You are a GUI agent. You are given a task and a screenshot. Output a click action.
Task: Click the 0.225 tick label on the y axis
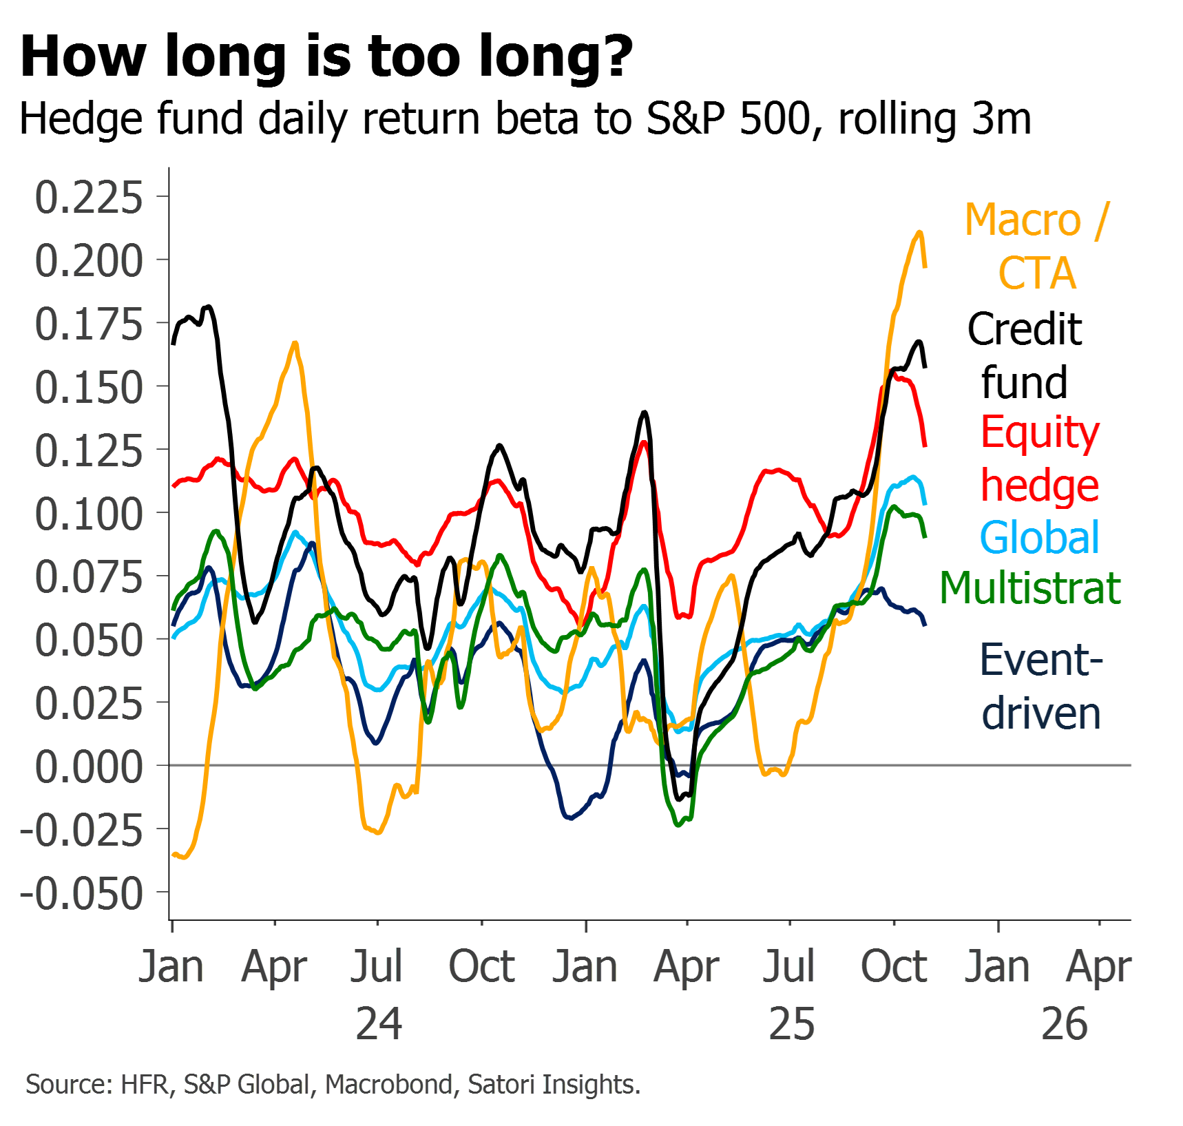coord(89,198)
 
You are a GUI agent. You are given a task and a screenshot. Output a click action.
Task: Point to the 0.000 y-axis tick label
coord(89,767)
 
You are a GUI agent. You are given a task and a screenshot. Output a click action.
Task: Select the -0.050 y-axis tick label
coord(82,894)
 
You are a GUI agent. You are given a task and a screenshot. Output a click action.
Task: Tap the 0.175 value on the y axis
coord(89,324)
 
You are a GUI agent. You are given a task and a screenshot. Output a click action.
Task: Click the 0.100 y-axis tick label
coord(89,514)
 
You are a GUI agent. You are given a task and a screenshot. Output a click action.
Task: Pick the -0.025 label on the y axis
coord(82,831)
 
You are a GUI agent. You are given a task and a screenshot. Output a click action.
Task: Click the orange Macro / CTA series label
coord(1037,247)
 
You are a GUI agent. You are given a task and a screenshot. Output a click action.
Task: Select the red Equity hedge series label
coord(1040,459)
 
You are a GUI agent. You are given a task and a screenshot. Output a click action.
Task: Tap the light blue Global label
coord(1039,538)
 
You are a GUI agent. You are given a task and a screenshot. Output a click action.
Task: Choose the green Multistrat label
coord(1030,589)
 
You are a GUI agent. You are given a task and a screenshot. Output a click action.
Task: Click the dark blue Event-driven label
coord(1041,687)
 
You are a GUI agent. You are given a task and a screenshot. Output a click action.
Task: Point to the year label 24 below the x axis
coord(379,1024)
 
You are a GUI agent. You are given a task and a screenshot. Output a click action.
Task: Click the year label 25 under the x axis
coord(792,1024)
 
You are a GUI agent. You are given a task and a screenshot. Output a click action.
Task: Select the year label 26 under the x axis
coord(1065,1024)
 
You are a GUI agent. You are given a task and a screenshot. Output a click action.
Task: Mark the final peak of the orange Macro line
coord(919,232)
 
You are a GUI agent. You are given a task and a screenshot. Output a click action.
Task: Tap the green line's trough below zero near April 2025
coord(679,824)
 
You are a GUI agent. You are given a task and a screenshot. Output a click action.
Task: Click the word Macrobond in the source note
coord(389,1085)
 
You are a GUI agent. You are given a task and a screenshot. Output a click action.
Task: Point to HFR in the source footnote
coord(145,1085)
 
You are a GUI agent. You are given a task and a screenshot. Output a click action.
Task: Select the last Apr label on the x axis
coord(1099,968)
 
